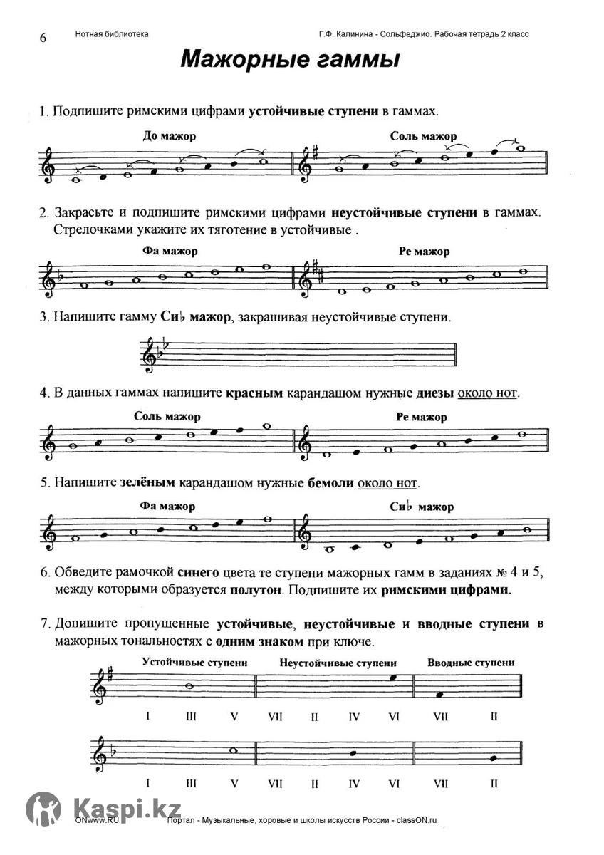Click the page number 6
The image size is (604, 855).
tap(42, 38)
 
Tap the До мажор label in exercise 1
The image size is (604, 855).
tap(169, 136)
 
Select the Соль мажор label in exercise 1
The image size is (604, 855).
tap(423, 136)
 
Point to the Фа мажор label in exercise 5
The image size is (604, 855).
tap(168, 507)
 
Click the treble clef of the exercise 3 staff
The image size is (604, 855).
tap(150, 356)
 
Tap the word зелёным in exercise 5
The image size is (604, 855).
tap(147, 482)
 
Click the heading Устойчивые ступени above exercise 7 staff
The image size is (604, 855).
tap(194, 663)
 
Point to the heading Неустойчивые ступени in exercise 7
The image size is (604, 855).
tap(338, 663)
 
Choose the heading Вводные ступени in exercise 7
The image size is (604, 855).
tap(471, 663)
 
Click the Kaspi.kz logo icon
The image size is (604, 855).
tap(43, 809)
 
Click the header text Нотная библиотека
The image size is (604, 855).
tap(111, 34)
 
